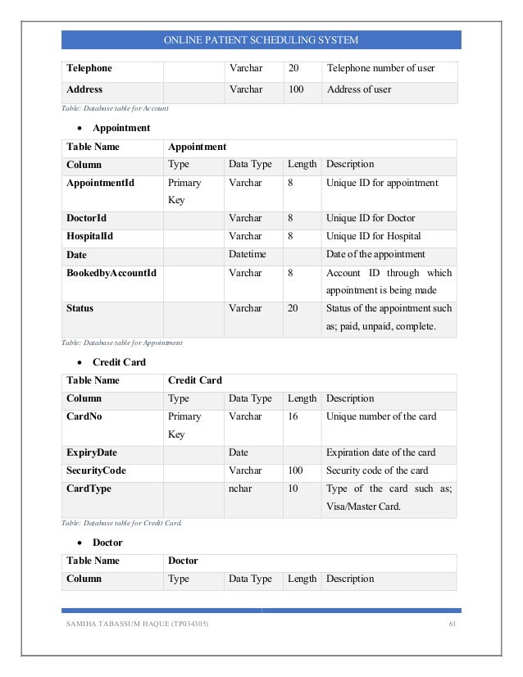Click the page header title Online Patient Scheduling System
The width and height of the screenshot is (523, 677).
click(261, 40)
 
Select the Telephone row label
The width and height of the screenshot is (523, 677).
click(89, 68)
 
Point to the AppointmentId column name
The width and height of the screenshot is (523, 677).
click(100, 183)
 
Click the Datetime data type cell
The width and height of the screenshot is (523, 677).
click(248, 255)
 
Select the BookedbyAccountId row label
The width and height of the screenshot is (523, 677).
click(111, 273)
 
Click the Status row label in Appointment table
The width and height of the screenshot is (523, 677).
click(80, 309)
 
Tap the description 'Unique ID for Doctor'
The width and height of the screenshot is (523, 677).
click(371, 219)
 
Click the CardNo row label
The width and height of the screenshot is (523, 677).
click(84, 417)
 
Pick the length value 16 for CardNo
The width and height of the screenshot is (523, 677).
click(293, 417)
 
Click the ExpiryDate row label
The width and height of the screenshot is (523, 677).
click(92, 453)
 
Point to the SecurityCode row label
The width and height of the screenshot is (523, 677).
click(96, 471)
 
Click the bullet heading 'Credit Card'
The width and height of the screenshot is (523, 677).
click(119, 361)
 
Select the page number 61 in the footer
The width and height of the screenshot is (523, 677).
click(451, 627)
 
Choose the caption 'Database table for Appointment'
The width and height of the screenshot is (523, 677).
click(121, 342)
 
